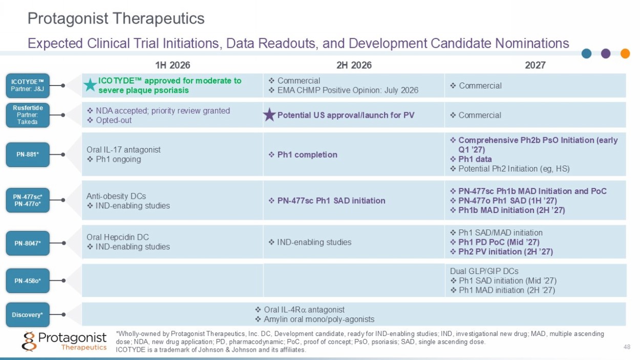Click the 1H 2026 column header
[173, 65]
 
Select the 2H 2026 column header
[354, 65]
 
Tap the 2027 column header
[535, 65]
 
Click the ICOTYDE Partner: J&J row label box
[28, 86]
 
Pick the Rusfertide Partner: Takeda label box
[28, 115]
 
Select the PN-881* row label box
[28, 155]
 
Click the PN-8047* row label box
[28, 243]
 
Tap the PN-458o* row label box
[28, 281]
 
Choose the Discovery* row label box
[28, 314]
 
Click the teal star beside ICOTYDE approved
[90, 85]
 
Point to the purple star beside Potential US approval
[269, 115]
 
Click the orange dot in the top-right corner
[625, 53]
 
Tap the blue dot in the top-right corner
[586, 53]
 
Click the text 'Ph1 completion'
[307, 155]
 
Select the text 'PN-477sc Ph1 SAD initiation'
[331, 201]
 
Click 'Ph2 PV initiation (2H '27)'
[505, 252]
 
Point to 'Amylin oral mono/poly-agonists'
[319, 319]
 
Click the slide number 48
[627, 347]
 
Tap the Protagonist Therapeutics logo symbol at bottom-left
[29, 341]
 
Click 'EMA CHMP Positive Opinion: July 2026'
[348, 90]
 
